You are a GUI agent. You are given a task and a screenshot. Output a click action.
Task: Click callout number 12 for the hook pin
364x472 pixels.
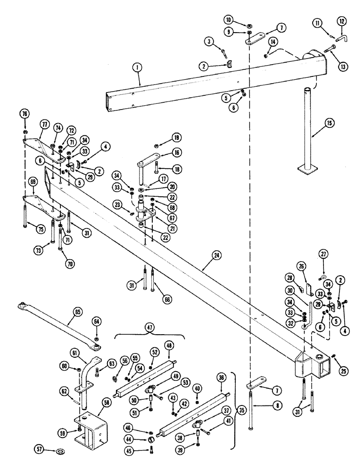341,21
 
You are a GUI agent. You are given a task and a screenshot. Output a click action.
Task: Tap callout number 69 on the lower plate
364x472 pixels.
33,181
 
